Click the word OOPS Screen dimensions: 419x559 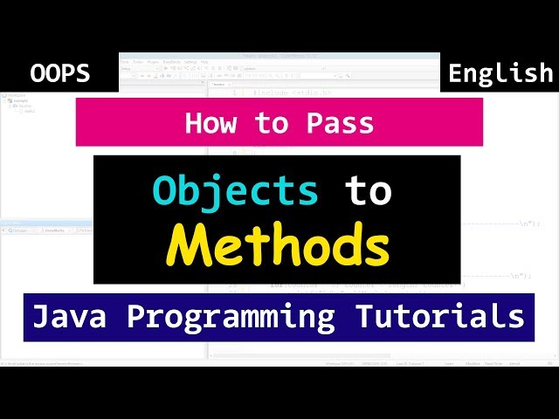click(59, 74)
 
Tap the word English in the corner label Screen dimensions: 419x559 click(500, 74)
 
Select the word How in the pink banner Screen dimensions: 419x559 click(210, 123)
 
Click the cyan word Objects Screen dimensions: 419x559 click(235, 190)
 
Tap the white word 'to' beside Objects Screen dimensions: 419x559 click(367, 190)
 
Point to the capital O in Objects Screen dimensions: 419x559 click(165, 190)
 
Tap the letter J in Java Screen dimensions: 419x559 click(39, 315)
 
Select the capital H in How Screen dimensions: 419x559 click(193, 123)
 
